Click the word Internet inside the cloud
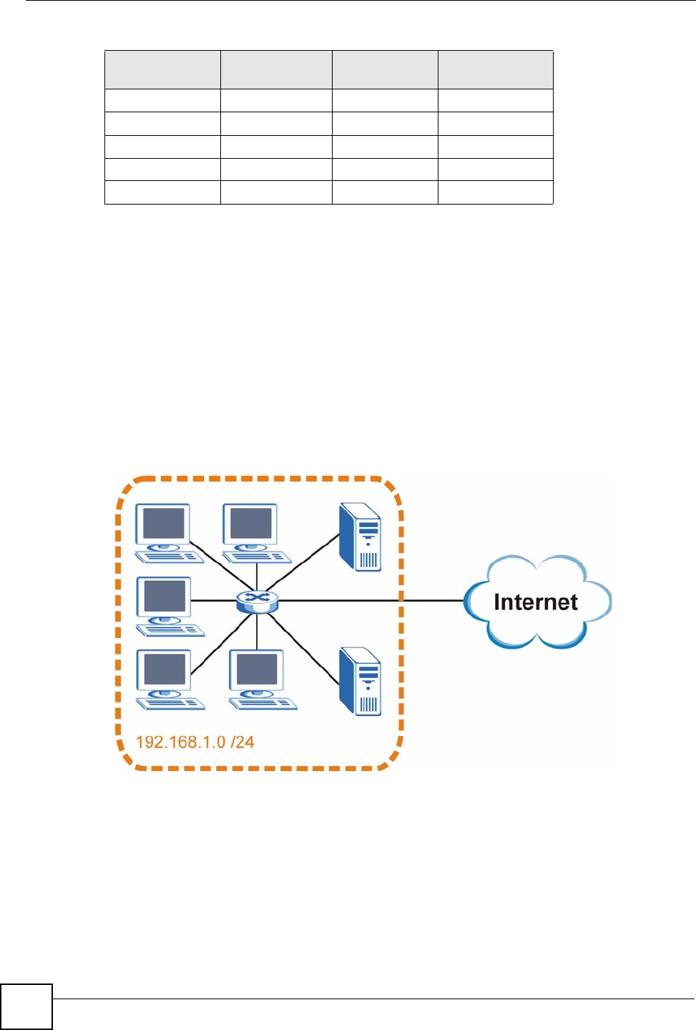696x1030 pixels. click(x=536, y=602)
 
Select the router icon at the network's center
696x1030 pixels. click(x=258, y=601)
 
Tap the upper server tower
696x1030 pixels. click(x=360, y=537)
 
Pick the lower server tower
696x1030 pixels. click(x=360, y=682)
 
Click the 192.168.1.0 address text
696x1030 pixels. click(x=181, y=742)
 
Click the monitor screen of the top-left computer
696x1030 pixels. click(x=163, y=524)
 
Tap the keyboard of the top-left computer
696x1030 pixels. click(x=170, y=556)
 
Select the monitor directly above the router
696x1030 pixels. click(x=250, y=524)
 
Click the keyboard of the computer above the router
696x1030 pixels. click(x=257, y=556)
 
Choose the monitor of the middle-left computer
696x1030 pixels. click(x=164, y=597)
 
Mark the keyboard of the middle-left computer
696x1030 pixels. click(x=170, y=630)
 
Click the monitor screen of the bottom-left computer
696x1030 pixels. click(x=164, y=669)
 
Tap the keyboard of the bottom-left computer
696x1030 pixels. click(x=170, y=704)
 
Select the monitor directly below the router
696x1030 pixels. click(x=257, y=669)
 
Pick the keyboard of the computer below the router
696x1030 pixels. click(x=263, y=704)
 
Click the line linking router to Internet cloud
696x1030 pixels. click(x=371, y=601)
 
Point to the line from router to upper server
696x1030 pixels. click(x=303, y=562)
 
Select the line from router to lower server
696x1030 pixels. click(x=303, y=647)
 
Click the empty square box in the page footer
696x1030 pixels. click(x=26, y=1006)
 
